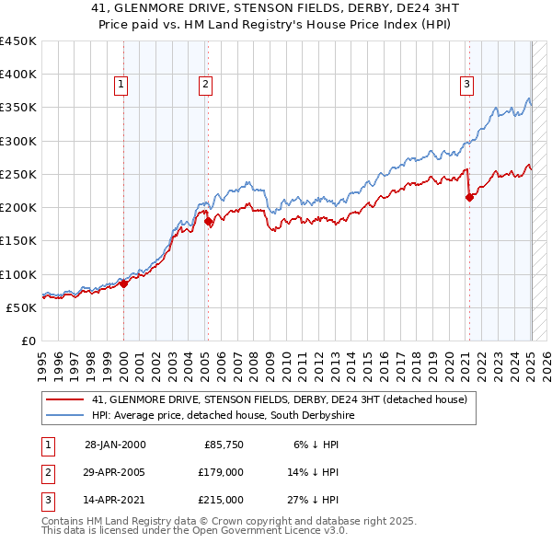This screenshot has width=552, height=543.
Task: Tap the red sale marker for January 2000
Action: [124, 283]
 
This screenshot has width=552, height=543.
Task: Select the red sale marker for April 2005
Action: [208, 222]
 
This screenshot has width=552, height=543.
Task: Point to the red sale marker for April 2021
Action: [469, 197]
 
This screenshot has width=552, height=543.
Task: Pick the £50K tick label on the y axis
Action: [21, 307]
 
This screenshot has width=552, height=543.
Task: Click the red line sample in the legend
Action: [65, 399]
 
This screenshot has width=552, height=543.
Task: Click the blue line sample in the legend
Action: [65, 416]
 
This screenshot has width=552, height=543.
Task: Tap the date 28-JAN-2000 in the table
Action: [114, 445]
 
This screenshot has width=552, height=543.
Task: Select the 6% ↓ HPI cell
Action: [316, 445]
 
